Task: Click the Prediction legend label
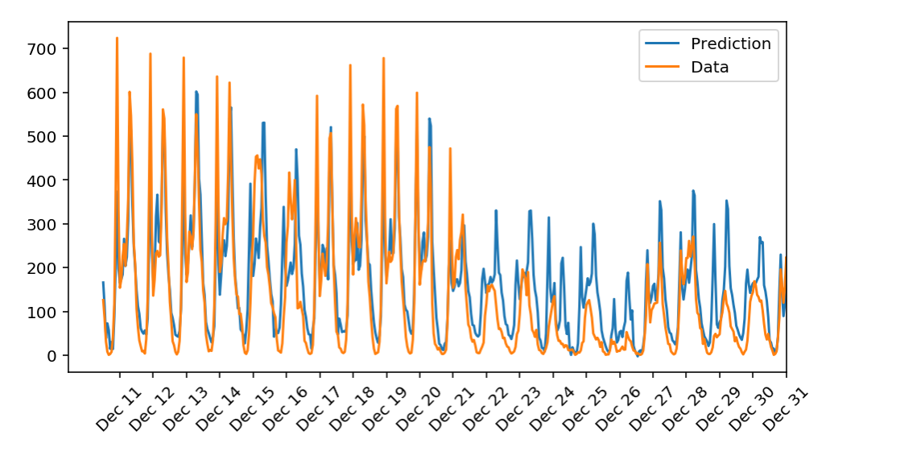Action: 730,43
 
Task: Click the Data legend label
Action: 709,68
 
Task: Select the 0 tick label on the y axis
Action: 55,356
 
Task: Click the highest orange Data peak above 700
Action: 117,39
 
